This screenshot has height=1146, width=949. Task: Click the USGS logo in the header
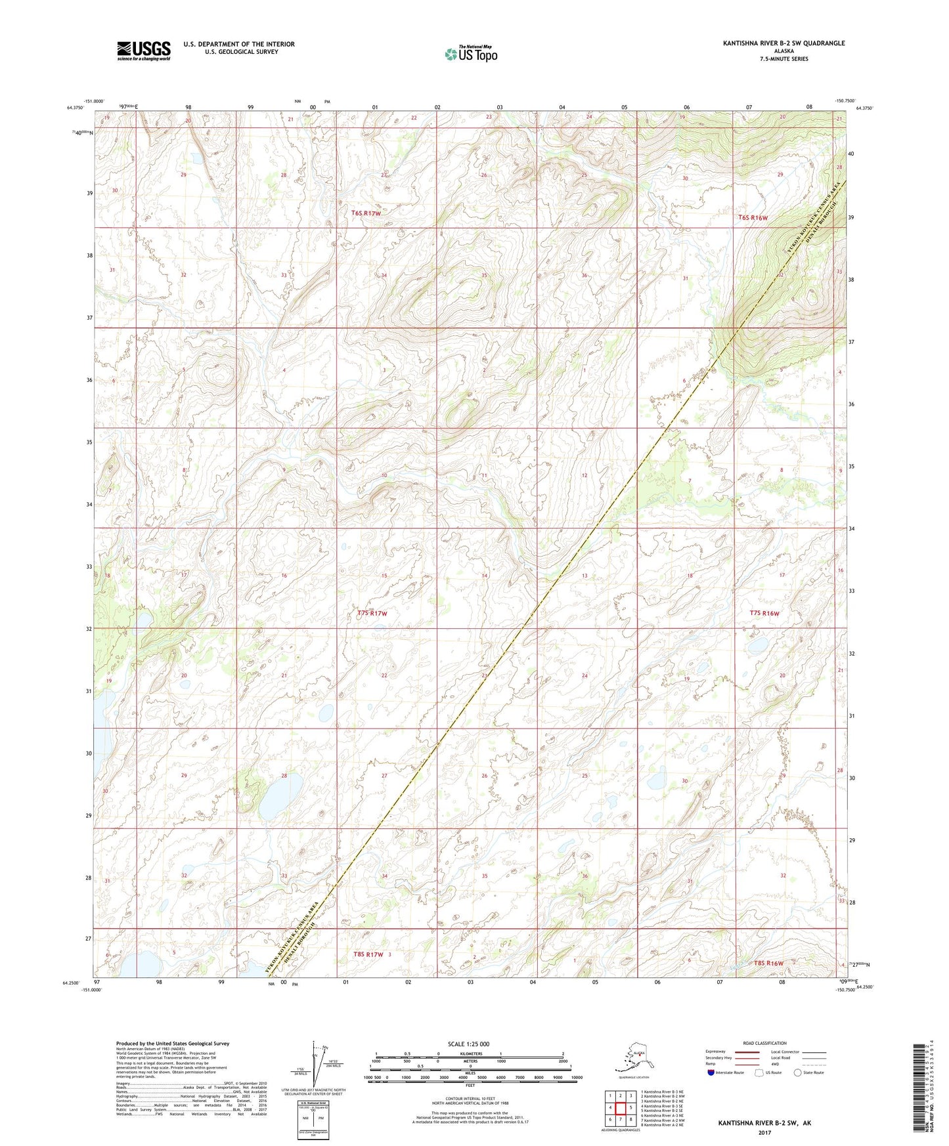point(144,51)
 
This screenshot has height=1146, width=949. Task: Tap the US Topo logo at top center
point(471,54)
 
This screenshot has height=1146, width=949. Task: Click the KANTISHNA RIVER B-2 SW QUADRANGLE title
point(783,43)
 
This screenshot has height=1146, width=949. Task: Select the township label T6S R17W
point(366,213)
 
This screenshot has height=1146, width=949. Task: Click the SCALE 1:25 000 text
point(468,1044)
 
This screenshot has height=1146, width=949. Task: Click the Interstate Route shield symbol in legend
point(712,1073)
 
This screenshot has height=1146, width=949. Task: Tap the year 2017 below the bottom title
point(764,1132)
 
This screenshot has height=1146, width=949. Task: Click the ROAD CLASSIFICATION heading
point(764,1043)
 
